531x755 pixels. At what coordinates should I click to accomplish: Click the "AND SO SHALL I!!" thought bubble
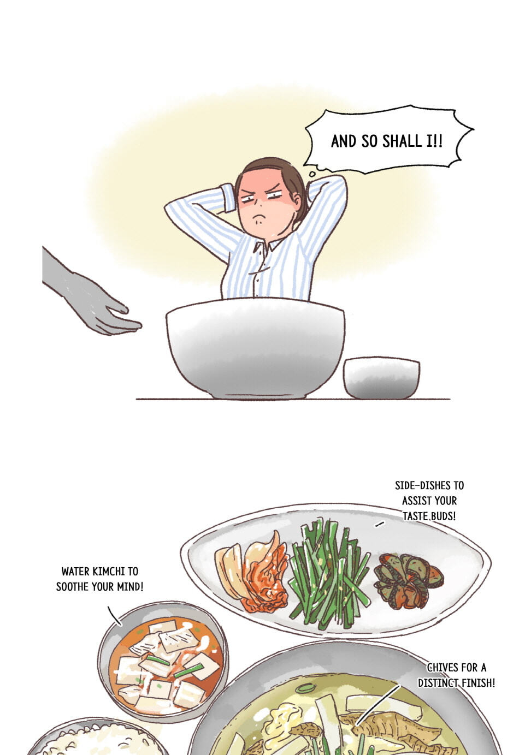click(x=388, y=140)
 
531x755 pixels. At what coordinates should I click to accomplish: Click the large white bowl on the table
click(x=255, y=348)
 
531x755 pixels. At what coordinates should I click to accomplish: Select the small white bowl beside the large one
click(x=381, y=378)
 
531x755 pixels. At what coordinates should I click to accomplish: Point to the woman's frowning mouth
click(x=259, y=215)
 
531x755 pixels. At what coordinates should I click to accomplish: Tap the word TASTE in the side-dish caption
click(x=415, y=516)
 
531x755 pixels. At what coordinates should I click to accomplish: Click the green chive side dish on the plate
click(x=329, y=573)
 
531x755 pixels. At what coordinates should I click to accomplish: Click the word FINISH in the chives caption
click(x=479, y=683)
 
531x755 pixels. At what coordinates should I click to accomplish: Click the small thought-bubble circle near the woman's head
click(x=312, y=174)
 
